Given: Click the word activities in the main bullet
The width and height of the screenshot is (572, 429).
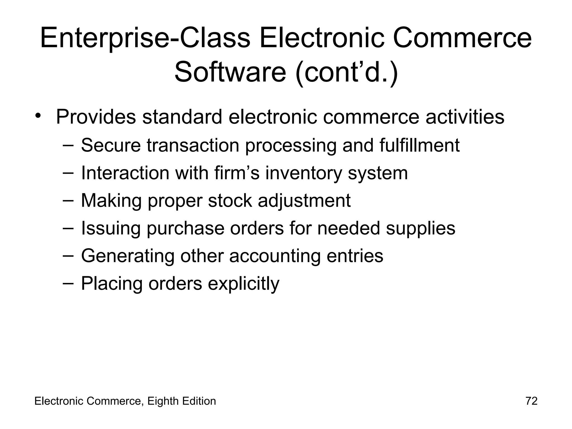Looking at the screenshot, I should click(x=465, y=117).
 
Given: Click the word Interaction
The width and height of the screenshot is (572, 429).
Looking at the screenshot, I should click(x=125, y=173).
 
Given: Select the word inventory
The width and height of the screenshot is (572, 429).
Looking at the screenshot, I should click(x=303, y=173).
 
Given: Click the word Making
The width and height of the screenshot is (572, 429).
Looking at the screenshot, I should click(x=111, y=201).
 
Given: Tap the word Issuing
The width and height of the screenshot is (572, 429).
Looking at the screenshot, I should click(x=111, y=228).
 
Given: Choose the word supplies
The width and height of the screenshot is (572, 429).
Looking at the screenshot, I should click(x=421, y=228).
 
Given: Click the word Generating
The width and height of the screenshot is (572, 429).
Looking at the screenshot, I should click(x=128, y=256).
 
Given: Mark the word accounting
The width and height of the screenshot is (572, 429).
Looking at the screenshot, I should click(x=275, y=256).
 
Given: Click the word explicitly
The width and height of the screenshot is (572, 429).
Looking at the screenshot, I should click(x=244, y=284).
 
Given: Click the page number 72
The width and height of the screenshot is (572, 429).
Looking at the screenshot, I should click(x=532, y=401).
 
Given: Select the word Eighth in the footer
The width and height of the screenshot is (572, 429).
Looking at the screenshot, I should click(x=163, y=401).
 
